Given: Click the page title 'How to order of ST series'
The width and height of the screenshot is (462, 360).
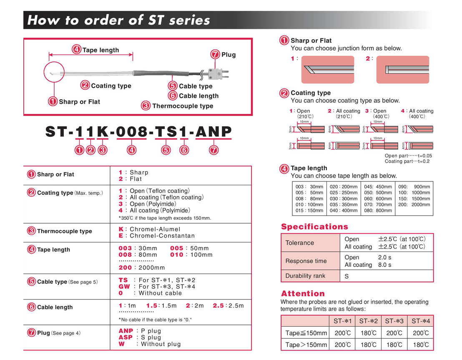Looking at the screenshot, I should pyautogui.click(x=118, y=20).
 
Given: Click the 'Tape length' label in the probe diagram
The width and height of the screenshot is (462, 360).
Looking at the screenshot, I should pyautogui.click(x=100, y=50).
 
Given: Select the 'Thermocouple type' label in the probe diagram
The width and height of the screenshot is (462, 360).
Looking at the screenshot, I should pyautogui.click(x=183, y=106).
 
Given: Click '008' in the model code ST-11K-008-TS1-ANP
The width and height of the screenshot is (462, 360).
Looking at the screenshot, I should pyautogui.click(x=131, y=132).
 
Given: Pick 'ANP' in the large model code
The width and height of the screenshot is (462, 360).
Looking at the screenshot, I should pyautogui.click(x=213, y=132).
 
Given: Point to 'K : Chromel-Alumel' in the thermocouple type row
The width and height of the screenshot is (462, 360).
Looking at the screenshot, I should pyautogui.click(x=149, y=229).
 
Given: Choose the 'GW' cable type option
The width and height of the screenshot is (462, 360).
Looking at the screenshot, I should pyautogui.click(x=124, y=287).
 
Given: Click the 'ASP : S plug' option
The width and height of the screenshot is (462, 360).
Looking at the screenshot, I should pyautogui.click(x=140, y=337).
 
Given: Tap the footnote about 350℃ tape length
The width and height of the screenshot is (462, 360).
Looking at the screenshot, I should pyautogui.click(x=165, y=218).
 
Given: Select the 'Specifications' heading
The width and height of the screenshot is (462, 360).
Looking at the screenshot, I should pyautogui.click(x=314, y=227).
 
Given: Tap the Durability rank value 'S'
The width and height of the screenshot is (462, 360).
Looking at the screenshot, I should pyautogui.click(x=347, y=276).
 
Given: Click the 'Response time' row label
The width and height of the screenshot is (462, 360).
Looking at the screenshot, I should pyautogui.click(x=306, y=261).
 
